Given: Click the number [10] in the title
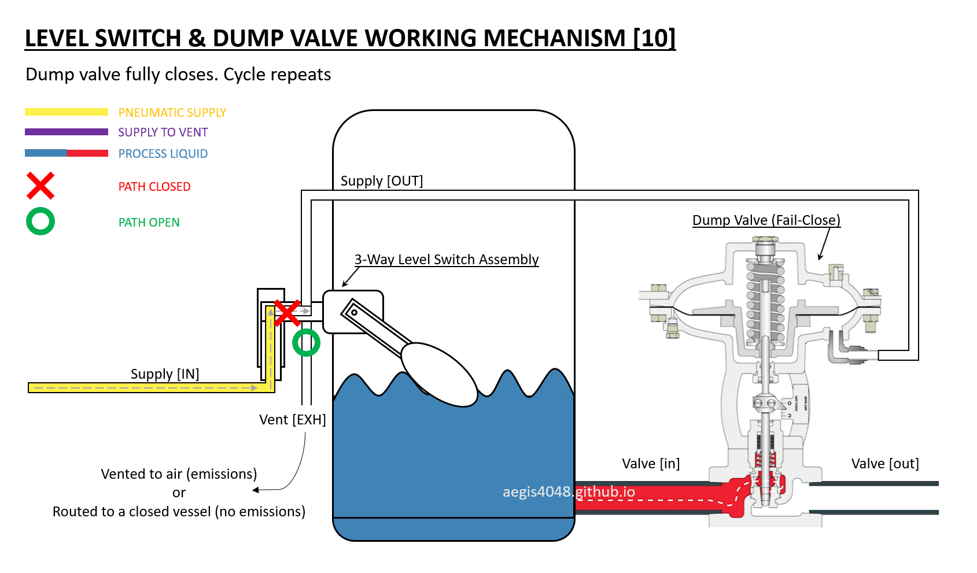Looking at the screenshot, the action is [x=654, y=38].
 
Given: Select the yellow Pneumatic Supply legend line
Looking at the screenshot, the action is [x=67, y=112].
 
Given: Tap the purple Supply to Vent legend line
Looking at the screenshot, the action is [x=67, y=132].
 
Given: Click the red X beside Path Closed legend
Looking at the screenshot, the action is [x=40, y=186].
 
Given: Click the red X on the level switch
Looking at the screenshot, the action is [x=286, y=313].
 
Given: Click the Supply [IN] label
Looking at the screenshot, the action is [x=165, y=374].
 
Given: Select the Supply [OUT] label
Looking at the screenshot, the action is [x=382, y=180].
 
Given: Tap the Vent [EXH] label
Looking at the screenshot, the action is [x=292, y=420].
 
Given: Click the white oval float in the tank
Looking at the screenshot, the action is [x=439, y=375].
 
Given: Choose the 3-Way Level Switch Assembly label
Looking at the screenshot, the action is [x=446, y=260].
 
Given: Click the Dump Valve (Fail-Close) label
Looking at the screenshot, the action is [x=766, y=220].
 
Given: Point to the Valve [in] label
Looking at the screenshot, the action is [x=651, y=464].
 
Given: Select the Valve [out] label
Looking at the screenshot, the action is [x=885, y=464].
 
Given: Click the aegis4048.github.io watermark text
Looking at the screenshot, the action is [x=569, y=492].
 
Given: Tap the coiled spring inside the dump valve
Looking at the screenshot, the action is [x=765, y=301].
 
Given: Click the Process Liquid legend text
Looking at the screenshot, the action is [x=163, y=153].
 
